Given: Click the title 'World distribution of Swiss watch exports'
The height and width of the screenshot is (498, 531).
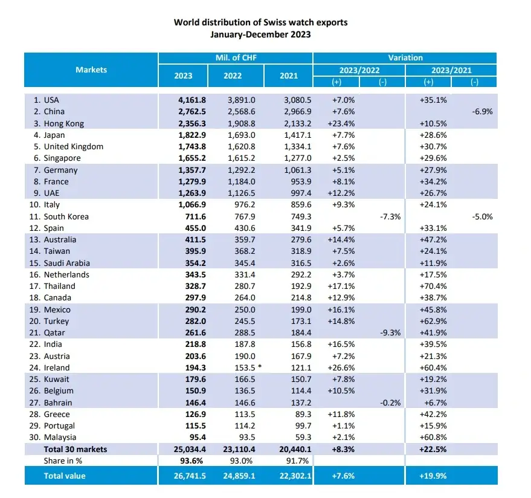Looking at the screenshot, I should pyautogui.click(x=260, y=22).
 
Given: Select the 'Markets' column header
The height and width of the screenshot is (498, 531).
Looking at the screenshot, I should pyautogui.click(x=91, y=70).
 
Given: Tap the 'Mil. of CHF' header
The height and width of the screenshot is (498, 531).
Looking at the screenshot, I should pyautogui.click(x=236, y=57).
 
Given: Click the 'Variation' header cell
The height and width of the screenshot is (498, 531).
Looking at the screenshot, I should pyautogui.click(x=405, y=57).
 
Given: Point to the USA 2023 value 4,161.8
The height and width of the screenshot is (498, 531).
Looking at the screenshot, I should pyautogui.click(x=181, y=100).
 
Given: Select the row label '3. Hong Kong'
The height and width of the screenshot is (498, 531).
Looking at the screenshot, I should pyautogui.click(x=59, y=123).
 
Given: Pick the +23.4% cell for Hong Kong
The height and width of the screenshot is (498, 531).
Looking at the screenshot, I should pyautogui.click(x=343, y=123).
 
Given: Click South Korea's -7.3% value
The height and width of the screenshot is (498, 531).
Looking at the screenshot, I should pyautogui.click(x=388, y=216).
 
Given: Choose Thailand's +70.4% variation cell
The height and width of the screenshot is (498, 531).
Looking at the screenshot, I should pyautogui.click(x=434, y=286).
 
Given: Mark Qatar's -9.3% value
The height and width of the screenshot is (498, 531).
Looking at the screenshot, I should pyautogui.click(x=388, y=332).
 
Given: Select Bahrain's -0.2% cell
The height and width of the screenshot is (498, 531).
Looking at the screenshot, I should pyautogui.click(x=388, y=403).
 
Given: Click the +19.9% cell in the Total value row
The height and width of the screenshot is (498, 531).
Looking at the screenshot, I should pyautogui.click(x=434, y=476).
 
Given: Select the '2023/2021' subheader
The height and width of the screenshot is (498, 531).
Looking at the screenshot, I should pyautogui.click(x=451, y=70).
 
